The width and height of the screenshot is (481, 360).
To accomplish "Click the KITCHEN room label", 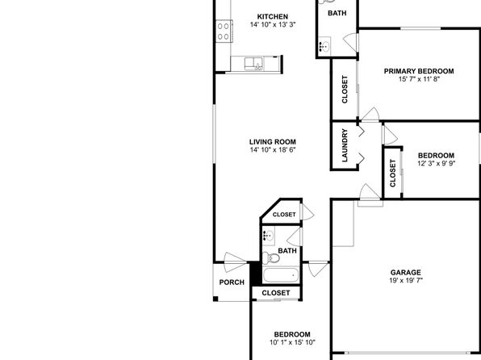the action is pos(273,17).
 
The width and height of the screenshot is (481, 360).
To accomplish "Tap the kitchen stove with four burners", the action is pos(224,31).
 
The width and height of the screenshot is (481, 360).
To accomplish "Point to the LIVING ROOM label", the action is pos(273,142).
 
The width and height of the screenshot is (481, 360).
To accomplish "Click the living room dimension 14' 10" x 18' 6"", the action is pos(273,150).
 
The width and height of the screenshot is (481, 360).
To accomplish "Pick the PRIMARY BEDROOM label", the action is pos(419,71).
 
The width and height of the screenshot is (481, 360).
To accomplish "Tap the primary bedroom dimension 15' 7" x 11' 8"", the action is pos(419,79).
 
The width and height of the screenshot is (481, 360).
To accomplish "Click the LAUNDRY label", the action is pos(345,145).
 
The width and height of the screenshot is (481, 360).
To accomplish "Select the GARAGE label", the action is pos(405,272).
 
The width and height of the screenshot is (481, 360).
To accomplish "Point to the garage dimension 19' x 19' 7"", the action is pos(406,280).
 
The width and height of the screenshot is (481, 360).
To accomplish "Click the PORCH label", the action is pos(232,283).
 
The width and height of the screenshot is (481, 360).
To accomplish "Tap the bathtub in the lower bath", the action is pos(281,275).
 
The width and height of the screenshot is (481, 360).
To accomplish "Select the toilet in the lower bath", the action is pos(271,257).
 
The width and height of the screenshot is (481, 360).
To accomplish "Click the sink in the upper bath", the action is pos(324,46).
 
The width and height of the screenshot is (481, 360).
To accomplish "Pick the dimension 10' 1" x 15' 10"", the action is pos(292,342).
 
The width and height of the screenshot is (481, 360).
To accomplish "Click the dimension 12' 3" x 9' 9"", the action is pos(436,163).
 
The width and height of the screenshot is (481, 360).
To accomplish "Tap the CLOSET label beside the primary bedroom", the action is pos(345,90).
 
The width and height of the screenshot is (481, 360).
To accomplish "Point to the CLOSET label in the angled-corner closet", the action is pos(284,215).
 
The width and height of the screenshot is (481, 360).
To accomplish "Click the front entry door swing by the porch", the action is pos(235,262).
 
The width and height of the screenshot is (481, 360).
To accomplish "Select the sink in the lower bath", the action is pos(269,236).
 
